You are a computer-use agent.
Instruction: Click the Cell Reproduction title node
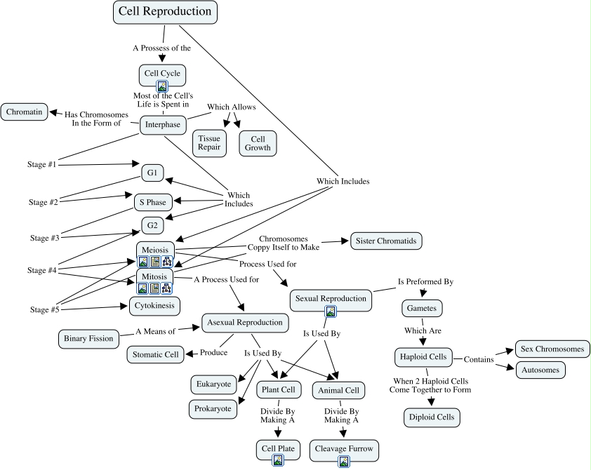(165, 12)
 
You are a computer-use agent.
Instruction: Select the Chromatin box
(24, 112)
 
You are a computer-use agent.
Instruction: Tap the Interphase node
(163, 125)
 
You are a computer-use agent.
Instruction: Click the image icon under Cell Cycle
(162, 86)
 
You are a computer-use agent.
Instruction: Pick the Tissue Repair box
(209, 142)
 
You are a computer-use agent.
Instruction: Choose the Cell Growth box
(258, 143)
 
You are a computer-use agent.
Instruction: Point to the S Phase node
(153, 202)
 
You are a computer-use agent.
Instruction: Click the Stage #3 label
(45, 238)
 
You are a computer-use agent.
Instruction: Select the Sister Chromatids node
(386, 241)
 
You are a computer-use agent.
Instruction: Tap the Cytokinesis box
(154, 306)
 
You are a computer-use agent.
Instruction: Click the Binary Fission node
(88, 339)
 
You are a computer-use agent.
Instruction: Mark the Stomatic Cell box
(155, 354)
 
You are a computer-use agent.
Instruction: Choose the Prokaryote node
(213, 409)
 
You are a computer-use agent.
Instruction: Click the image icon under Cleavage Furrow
(344, 462)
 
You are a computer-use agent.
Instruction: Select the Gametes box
(422, 309)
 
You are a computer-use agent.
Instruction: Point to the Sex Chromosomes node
(552, 349)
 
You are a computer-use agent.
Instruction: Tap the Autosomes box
(540, 370)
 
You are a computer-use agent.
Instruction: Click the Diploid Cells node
(432, 417)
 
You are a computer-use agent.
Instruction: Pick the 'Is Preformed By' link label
(425, 282)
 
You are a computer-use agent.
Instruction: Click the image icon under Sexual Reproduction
(331, 311)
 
